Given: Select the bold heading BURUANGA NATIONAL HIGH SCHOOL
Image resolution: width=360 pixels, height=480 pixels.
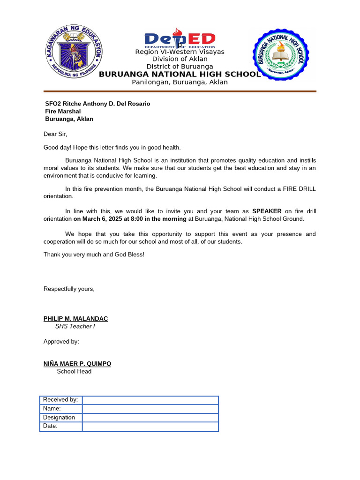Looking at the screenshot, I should (180, 74).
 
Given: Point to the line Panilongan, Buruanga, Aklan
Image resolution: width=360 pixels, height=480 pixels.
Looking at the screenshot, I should (180, 82).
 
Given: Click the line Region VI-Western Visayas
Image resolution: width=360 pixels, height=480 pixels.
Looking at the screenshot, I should (180, 52).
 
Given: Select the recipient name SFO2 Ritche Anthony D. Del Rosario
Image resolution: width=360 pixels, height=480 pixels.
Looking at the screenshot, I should (97, 104).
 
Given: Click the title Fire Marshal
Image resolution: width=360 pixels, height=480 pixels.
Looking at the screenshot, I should (63, 111).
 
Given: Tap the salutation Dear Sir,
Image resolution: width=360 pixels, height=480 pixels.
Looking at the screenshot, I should (55, 134).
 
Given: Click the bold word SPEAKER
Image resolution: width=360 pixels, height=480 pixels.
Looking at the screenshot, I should (267, 211).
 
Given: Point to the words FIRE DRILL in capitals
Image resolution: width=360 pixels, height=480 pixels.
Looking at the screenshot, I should (299, 189).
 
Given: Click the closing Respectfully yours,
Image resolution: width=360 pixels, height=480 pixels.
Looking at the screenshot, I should (69, 289).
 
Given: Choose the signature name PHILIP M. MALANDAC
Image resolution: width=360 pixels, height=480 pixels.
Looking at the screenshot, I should (75, 319).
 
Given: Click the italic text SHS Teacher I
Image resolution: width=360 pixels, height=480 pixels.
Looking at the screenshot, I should (75, 326).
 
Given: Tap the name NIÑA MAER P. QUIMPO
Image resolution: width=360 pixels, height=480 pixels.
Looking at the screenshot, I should (77, 364).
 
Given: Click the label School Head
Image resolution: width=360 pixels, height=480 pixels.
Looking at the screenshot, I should (74, 371).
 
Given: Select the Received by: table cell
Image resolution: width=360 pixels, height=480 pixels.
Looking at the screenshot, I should (61, 400).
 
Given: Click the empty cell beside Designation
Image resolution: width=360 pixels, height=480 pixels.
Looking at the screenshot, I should (150, 418).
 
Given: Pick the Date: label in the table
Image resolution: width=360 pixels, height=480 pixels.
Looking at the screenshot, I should (51, 426).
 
